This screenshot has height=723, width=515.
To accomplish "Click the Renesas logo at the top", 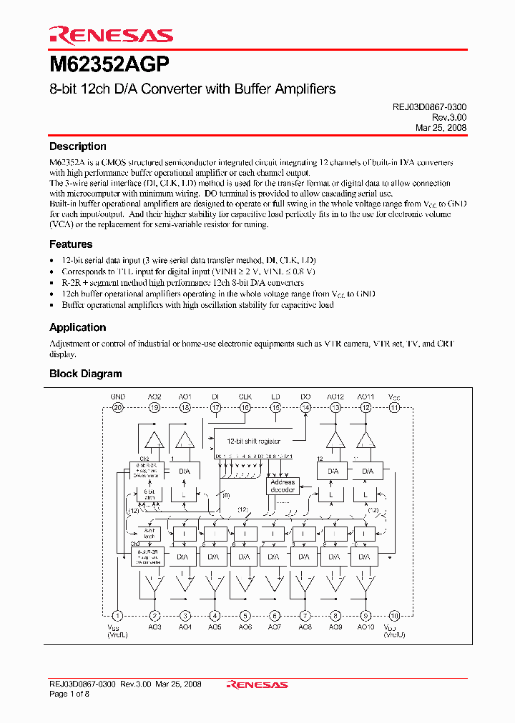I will [x=111, y=35].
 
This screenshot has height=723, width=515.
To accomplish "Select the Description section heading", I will [x=77, y=146].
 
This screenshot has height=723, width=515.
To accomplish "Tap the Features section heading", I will [x=71, y=244].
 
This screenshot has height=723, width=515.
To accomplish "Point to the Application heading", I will [x=77, y=327].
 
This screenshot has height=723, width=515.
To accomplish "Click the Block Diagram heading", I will [x=85, y=374].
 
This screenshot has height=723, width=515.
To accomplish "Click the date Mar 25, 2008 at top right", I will [x=441, y=127].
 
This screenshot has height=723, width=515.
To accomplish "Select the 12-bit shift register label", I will [x=254, y=442].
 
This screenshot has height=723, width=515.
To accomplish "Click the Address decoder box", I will [x=283, y=487].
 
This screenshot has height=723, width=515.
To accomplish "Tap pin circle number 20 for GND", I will [x=117, y=408].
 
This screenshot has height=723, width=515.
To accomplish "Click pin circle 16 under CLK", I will [x=245, y=408].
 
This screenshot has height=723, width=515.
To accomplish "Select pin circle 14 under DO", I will [x=305, y=408].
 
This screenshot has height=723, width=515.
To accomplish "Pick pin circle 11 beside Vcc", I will [x=395, y=408].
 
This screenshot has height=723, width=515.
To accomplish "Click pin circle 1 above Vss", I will [x=117, y=615].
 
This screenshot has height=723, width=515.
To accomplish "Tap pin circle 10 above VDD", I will [x=395, y=615].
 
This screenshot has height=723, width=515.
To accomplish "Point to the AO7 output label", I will [x=275, y=627].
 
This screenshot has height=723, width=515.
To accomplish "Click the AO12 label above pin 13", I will [x=335, y=396].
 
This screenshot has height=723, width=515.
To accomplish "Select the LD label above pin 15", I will [x=275, y=396].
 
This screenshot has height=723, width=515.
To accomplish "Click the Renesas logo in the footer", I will [x=257, y=684].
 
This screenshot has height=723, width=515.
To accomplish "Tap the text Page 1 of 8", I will [x=69, y=694].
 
